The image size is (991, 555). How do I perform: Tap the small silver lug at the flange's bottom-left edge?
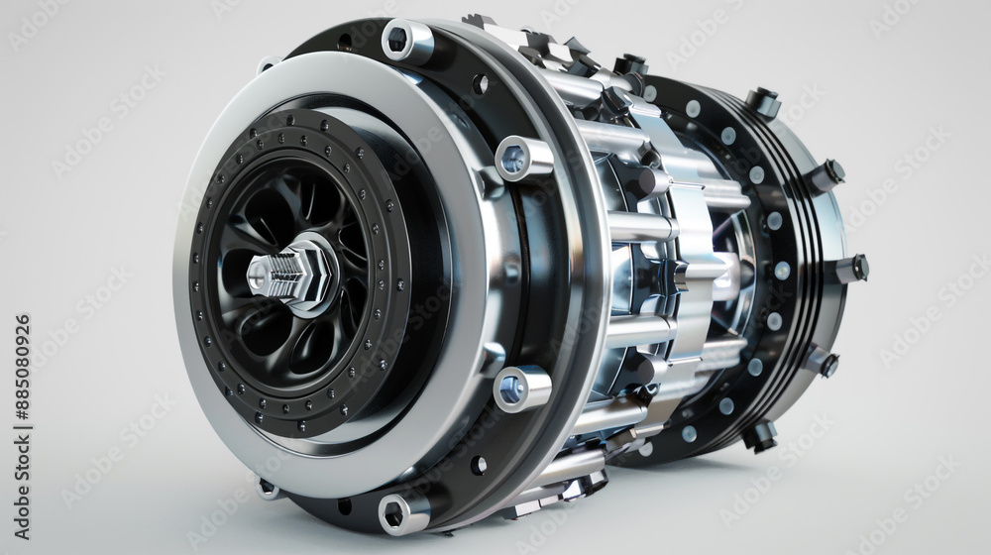(x=267, y=487)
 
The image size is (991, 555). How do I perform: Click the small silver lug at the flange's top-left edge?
(x=266, y=65)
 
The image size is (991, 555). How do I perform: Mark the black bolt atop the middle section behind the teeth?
(x=628, y=67)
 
